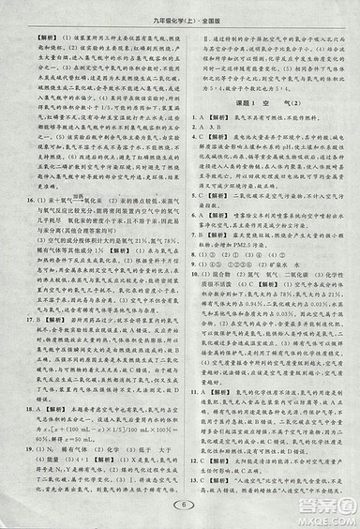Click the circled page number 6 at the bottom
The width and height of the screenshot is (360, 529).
(x=179, y=505)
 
